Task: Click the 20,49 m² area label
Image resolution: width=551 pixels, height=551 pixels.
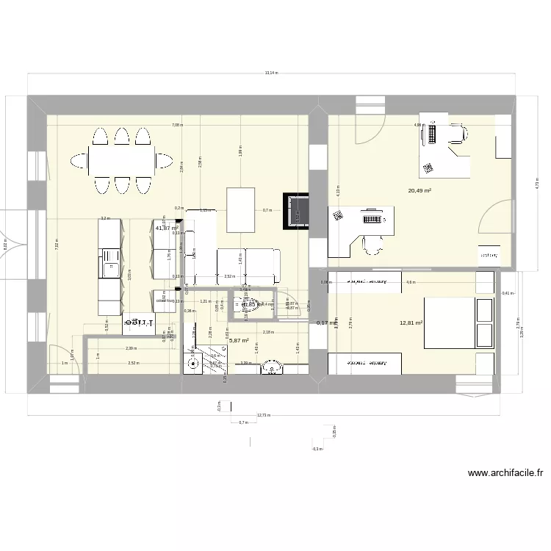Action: pos(419,190)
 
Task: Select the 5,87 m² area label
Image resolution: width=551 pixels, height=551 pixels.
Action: pos(239,341)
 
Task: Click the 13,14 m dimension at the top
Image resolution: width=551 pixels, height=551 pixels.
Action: pos(271,73)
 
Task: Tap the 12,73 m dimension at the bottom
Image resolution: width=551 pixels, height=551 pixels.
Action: pos(263,415)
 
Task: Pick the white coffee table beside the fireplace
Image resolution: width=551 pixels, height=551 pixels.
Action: pos(242,209)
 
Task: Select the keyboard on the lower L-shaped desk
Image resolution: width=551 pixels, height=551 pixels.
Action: pos(372,218)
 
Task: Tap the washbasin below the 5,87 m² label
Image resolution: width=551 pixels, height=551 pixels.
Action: pos(273,365)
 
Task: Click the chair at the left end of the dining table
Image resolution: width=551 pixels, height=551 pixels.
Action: pos(78,160)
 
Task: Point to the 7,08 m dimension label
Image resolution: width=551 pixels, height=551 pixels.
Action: pos(177,125)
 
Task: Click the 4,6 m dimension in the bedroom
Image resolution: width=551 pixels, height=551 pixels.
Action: pos(411,282)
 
